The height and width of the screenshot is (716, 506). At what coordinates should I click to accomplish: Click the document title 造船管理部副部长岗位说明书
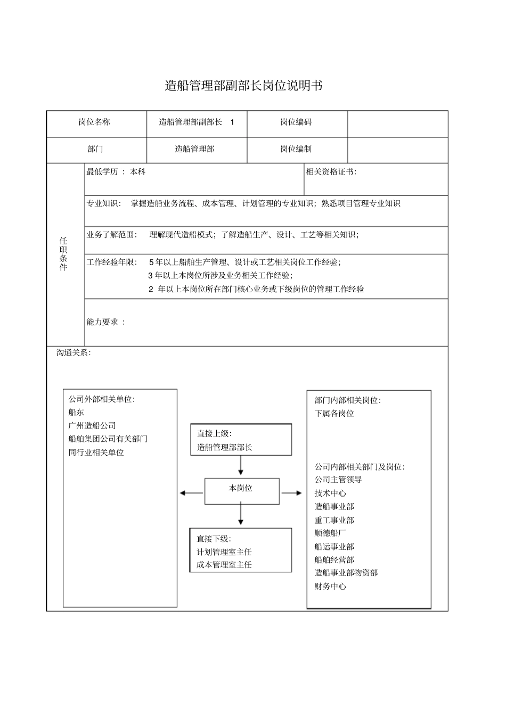243,86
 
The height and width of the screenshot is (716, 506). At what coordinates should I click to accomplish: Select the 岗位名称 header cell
94,122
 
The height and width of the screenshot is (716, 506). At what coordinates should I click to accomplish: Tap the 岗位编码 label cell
296,122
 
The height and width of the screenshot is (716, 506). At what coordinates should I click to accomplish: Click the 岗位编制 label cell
296,149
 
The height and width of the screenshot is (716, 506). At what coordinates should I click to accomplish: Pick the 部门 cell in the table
95,149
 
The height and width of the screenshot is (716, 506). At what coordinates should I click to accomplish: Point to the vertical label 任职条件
63,254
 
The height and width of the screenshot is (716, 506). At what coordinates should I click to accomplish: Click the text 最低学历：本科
116,172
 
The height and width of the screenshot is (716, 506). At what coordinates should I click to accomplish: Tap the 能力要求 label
105,322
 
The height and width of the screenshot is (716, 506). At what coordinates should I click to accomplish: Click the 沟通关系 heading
74,353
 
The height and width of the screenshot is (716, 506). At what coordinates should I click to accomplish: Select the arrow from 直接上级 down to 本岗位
241,466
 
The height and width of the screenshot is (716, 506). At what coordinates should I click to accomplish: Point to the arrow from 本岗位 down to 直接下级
241,515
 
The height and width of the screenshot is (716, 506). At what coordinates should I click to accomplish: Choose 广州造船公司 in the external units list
92,426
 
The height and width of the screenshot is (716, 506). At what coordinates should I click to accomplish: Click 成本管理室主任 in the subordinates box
224,565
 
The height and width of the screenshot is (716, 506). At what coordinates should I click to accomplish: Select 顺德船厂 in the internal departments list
330,533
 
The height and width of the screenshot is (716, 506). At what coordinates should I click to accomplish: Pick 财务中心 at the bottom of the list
330,587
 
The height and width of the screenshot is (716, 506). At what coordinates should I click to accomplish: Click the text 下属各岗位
334,414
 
